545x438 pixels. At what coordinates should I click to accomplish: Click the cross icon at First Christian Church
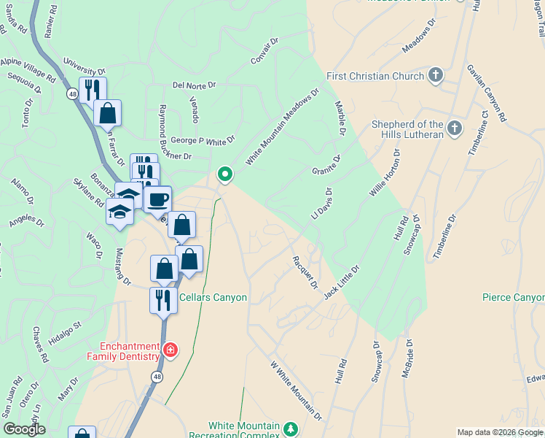pyautogui.click(x=435, y=75)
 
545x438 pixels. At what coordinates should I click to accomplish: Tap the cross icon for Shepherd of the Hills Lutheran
pyautogui.click(x=454, y=129)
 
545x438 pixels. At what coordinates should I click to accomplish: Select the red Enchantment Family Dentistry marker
pyautogui.click(x=170, y=350)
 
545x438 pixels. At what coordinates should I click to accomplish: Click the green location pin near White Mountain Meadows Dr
pyautogui.click(x=225, y=174)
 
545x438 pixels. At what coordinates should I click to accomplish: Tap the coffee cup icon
pyautogui.click(x=157, y=198)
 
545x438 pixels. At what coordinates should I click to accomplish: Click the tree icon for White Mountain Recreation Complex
pyautogui.click(x=291, y=428)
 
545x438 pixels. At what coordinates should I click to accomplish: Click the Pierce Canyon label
pyautogui.click(x=513, y=298)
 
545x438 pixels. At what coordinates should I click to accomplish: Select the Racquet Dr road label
pyautogui.click(x=305, y=272)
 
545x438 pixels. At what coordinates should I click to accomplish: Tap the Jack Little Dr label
pyautogui.click(x=342, y=281)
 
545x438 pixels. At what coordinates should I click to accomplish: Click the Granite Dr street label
pyautogui.click(x=326, y=165)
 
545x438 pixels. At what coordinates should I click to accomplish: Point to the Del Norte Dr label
pyautogui.click(x=195, y=85)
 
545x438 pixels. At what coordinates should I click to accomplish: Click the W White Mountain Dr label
pyautogui.click(x=296, y=391)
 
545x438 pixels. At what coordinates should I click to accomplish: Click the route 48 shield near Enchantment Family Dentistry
pyautogui.click(x=157, y=376)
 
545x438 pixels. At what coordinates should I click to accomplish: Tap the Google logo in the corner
pyautogui.click(x=24, y=429)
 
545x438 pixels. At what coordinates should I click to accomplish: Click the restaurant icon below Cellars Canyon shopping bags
pyautogui.click(x=162, y=299)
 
